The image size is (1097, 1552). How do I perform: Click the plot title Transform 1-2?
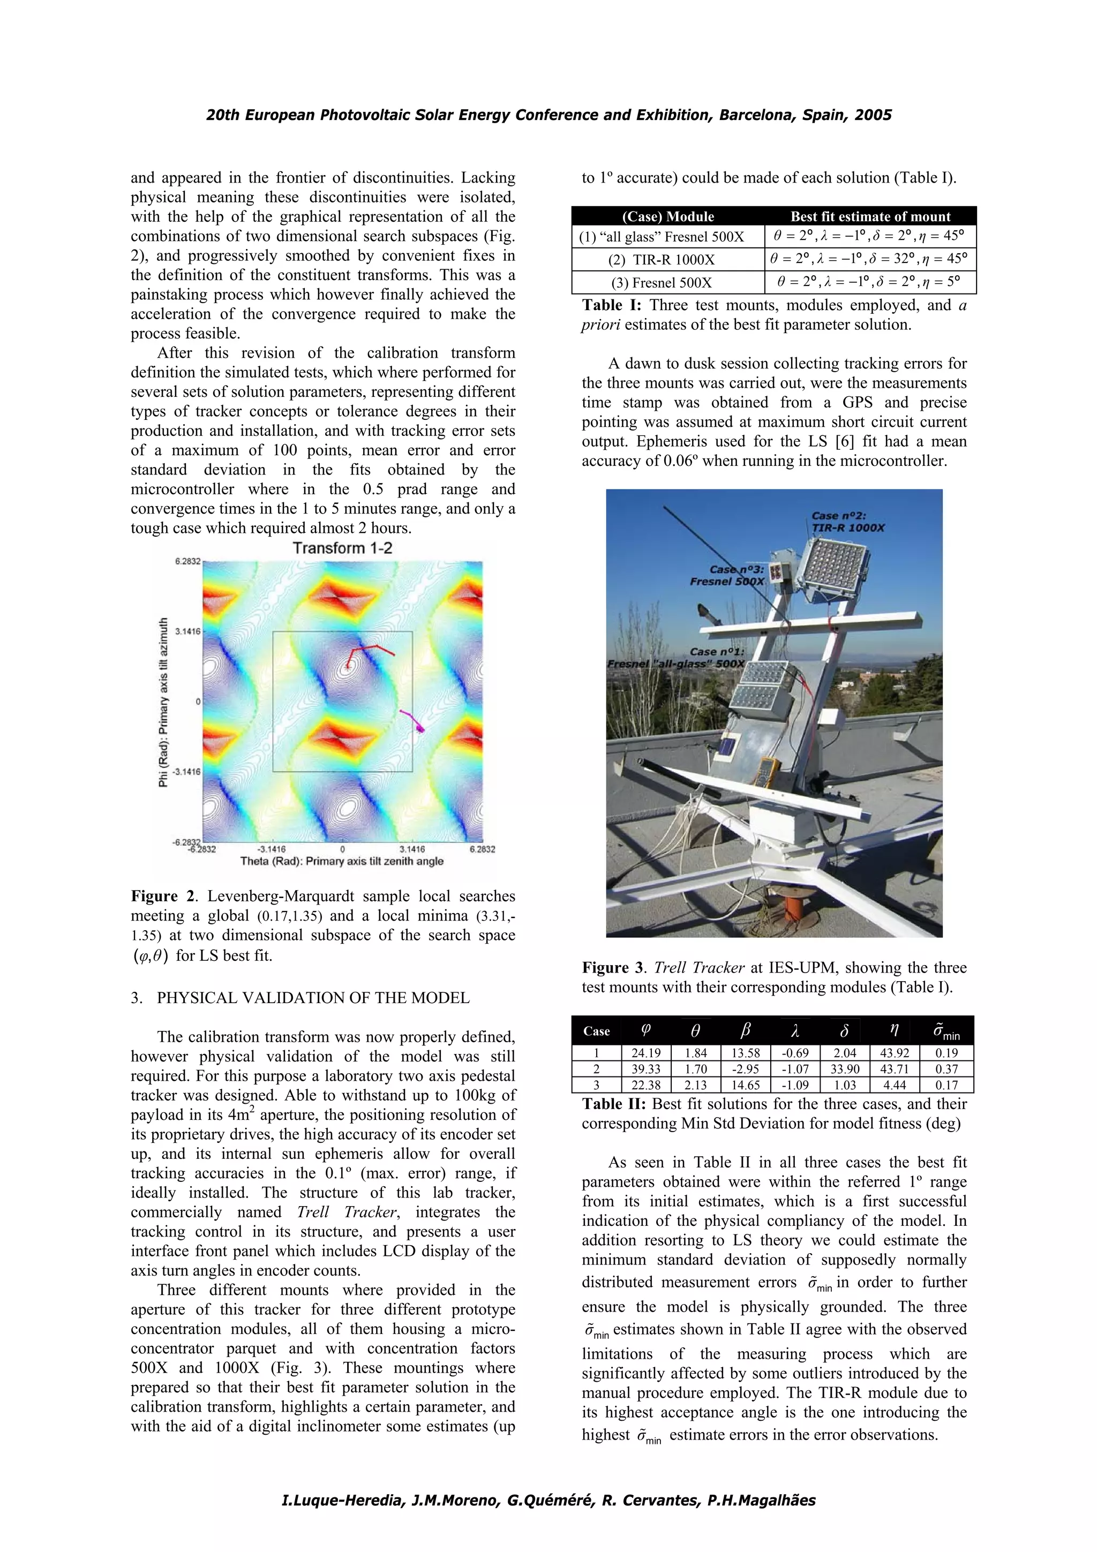342,548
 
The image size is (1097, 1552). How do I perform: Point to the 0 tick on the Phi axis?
197,702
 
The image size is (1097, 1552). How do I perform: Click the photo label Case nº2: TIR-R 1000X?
847,521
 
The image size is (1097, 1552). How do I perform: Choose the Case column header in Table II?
596,1031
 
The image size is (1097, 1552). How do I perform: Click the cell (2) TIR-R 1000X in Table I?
667,260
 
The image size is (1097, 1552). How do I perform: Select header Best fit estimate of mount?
870,216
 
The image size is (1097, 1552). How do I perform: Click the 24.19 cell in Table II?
645,1052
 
